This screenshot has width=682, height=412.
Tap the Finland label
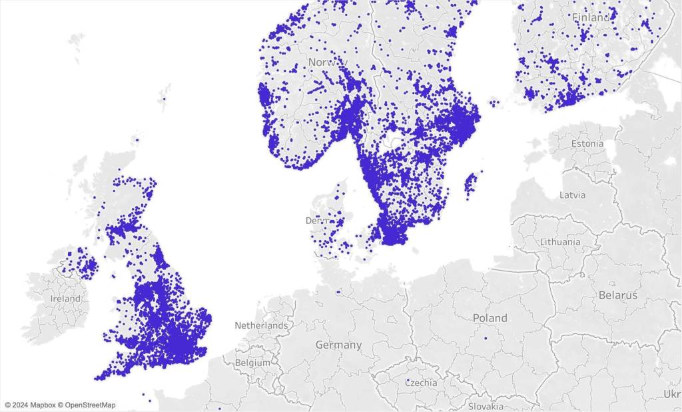click(590, 18)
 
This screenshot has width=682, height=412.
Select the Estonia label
click(587, 143)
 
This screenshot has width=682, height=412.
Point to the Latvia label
click(573, 195)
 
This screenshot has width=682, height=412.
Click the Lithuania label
click(559, 241)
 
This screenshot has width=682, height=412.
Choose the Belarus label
click(617, 295)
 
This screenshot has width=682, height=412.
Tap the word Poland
click(490, 318)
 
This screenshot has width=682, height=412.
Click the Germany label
click(338, 345)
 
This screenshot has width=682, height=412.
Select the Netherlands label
click(261, 326)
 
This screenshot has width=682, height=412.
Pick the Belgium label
click(252, 363)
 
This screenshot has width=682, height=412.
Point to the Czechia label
click(421, 383)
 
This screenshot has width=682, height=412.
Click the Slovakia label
click(485, 406)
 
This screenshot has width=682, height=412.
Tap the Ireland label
click(65, 299)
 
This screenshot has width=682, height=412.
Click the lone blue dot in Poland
click(486, 338)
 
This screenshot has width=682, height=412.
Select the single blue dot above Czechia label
click(408, 380)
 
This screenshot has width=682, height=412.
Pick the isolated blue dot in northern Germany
click(338, 291)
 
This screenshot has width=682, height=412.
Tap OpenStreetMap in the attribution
click(90, 405)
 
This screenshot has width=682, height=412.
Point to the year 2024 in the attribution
click(21, 405)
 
